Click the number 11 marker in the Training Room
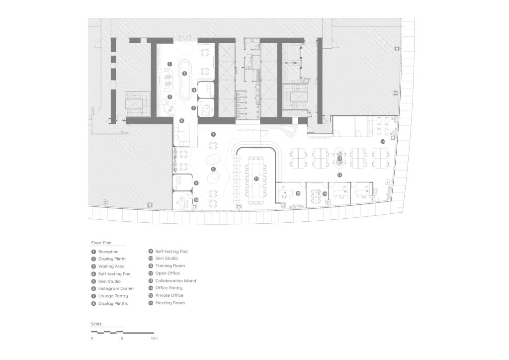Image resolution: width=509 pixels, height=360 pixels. pyautogui.click(x=256, y=179)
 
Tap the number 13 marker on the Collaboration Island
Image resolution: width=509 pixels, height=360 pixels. pyautogui.click(x=340, y=159)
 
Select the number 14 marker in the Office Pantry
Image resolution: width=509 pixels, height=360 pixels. pyautogui.click(x=383, y=142)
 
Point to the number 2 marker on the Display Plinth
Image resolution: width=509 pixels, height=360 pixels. pyautogui.click(x=185, y=74)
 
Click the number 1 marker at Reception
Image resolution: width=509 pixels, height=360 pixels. pyautogui.click(x=170, y=64)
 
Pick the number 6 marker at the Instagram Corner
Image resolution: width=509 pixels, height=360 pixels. pyautogui.click(x=182, y=121)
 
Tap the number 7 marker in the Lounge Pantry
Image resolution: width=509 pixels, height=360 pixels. pyautogui.click(x=213, y=134)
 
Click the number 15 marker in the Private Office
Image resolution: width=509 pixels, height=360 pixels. pyautogui.click(x=298, y=193)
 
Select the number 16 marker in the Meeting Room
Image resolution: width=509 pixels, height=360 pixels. pyautogui.click(x=325, y=194)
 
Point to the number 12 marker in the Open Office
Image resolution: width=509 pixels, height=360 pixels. pyautogui.click(x=339, y=175)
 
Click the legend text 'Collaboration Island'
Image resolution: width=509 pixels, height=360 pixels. pyautogui.click(x=175, y=281)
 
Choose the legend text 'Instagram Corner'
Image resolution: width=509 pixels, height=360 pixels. pyautogui.click(x=116, y=288)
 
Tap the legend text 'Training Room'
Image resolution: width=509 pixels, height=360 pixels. pyautogui.click(x=170, y=266)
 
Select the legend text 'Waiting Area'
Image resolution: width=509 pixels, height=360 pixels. pyautogui.click(x=111, y=266)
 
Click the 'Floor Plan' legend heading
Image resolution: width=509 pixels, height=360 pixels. pyautogui.click(x=101, y=243)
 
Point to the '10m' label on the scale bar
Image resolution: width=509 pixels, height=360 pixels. pyautogui.click(x=154, y=338)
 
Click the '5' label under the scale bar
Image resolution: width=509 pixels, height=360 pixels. pyautogui.click(x=122, y=338)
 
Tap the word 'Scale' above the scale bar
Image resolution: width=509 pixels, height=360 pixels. pyautogui.click(x=96, y=324)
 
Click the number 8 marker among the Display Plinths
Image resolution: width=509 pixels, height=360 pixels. pyautogui.click(x=213, y=169)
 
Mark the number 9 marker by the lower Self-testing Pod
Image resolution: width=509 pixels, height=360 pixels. pyautogui.click(x=196, y=183)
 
